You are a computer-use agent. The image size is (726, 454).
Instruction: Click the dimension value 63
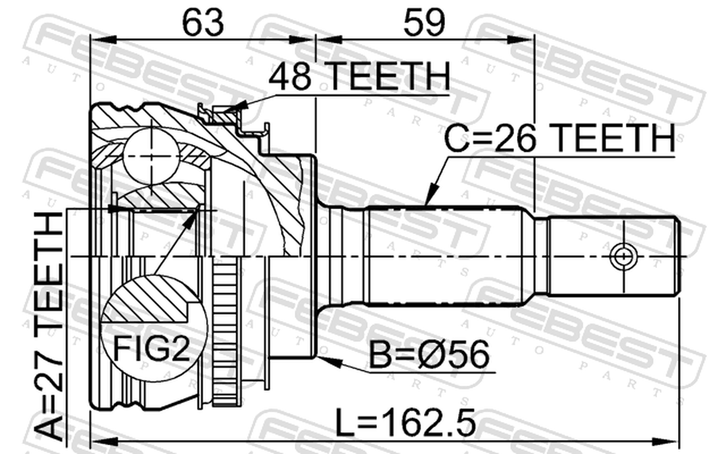point(203,23)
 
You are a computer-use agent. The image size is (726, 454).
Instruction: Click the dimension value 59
point(424,23)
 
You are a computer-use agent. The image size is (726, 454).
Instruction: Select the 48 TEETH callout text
point(359,76)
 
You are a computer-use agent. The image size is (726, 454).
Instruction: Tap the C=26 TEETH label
point(560,138)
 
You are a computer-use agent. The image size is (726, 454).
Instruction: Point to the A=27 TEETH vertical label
point(49,325)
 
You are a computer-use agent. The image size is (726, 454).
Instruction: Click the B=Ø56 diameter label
point(429,354)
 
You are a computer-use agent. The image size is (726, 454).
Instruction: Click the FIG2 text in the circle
point(152,349)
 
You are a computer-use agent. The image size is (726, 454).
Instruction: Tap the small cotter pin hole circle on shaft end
point(623,256)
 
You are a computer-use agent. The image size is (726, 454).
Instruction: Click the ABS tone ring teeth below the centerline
point(227,333)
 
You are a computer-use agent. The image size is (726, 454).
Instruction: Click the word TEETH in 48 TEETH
point(389,76)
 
